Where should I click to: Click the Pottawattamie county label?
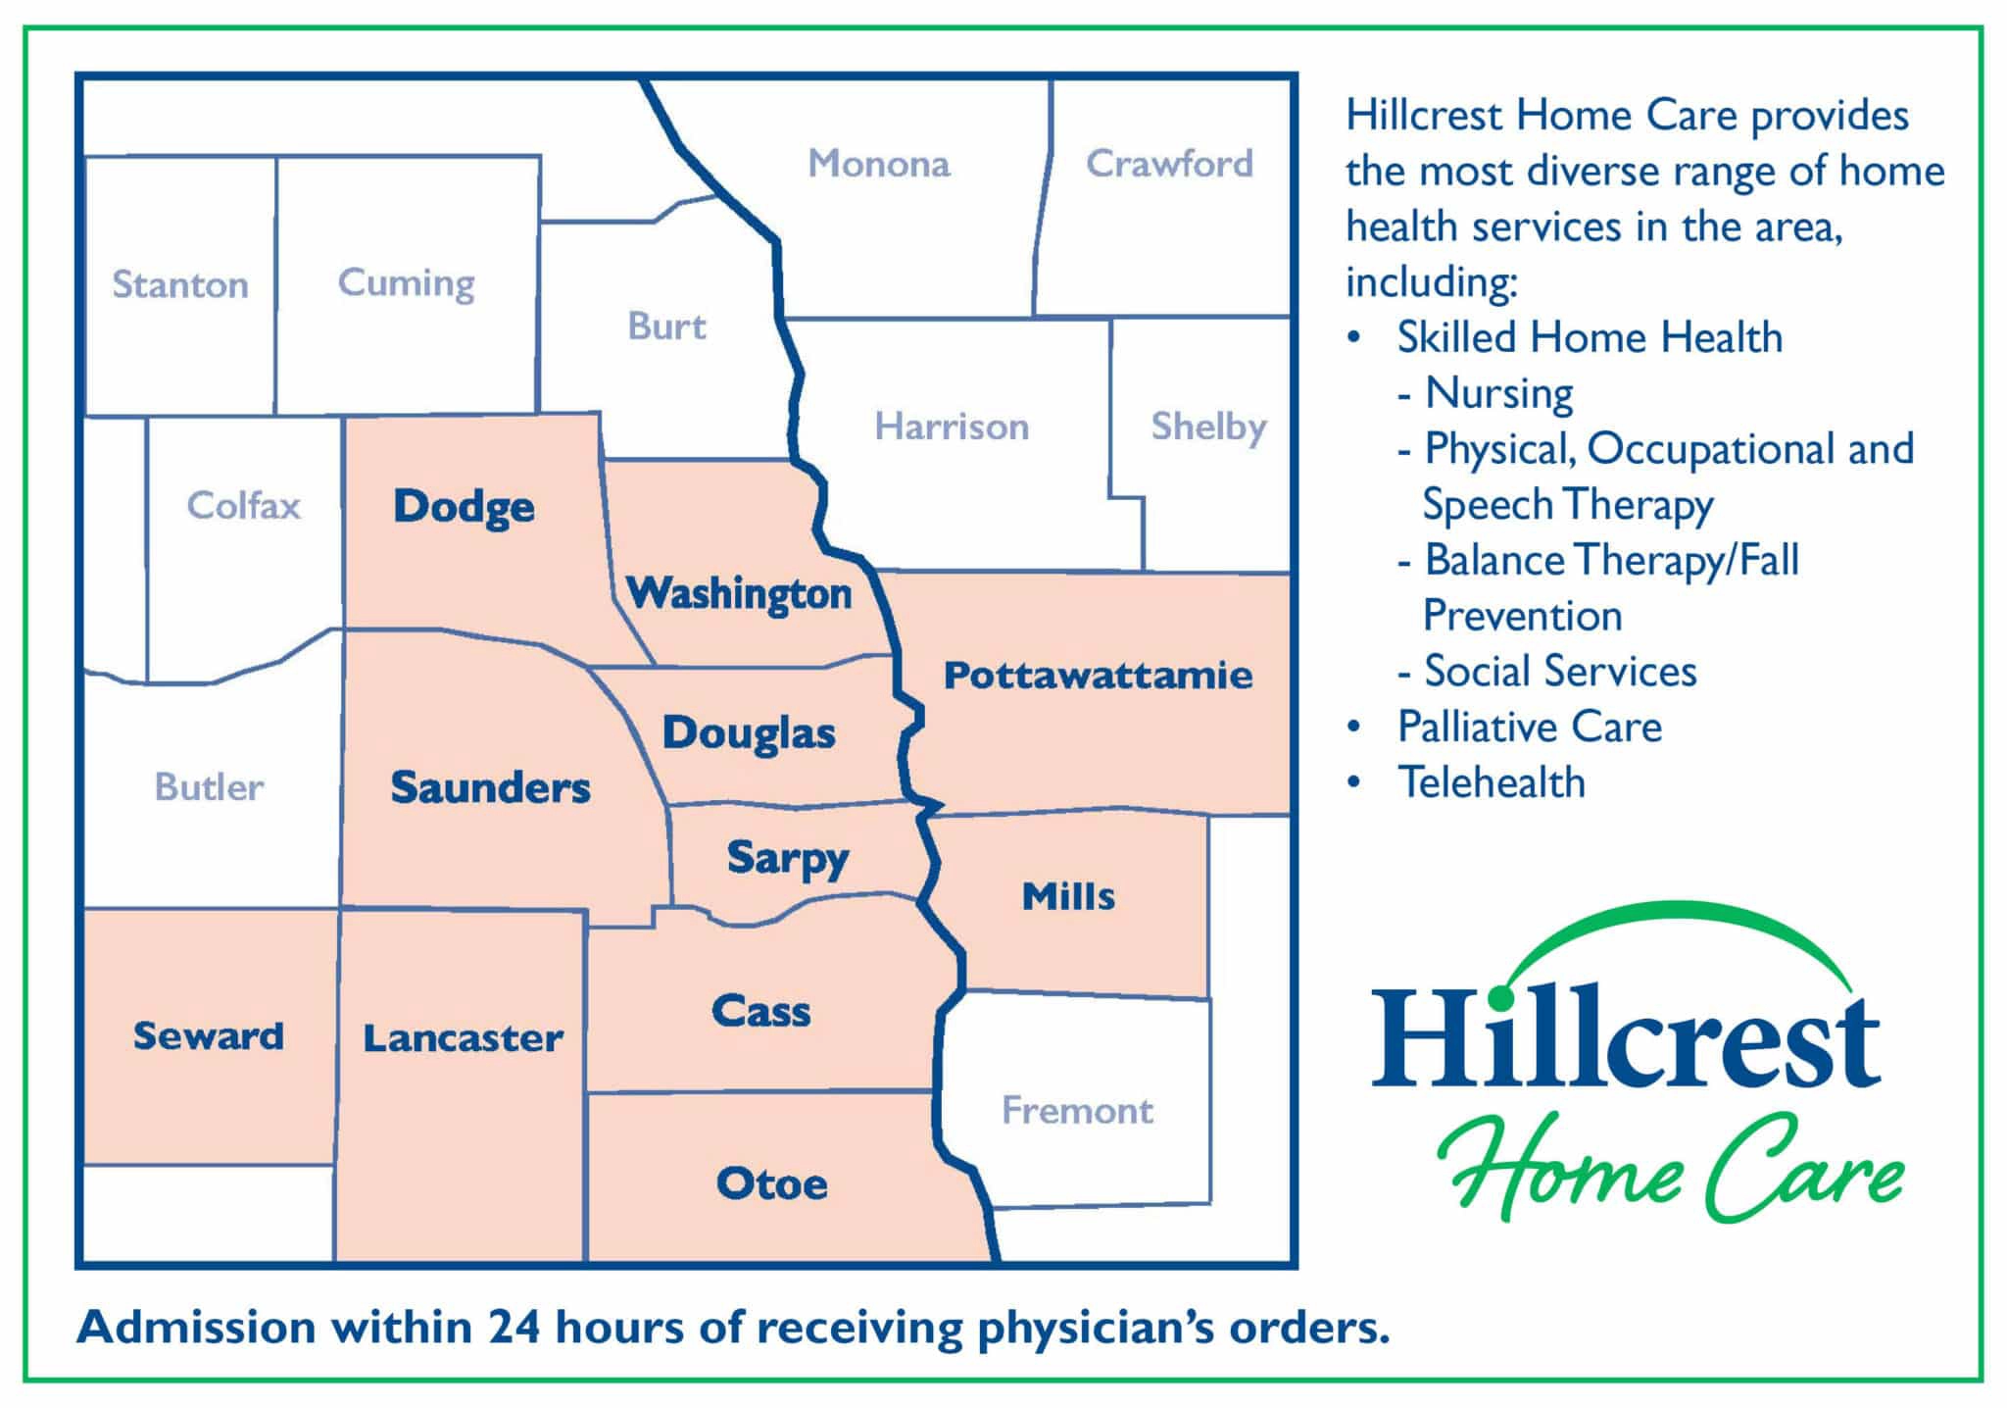1098,676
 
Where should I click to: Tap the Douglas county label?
749,733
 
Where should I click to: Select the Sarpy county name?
788,859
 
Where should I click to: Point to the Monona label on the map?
879,163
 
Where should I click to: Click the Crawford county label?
1169,163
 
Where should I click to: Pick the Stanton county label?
180,284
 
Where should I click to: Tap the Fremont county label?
1077,1110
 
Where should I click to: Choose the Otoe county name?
772,1183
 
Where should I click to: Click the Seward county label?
209,1035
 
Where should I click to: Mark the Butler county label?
210,786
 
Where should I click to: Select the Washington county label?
739,594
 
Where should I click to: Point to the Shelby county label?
1208,427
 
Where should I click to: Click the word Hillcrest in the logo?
1626,1037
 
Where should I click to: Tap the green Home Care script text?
1671,1169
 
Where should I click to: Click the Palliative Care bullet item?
1530,727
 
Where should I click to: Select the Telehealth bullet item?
1492,782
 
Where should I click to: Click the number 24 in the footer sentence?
515,1328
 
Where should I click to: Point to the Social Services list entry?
1560,672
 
